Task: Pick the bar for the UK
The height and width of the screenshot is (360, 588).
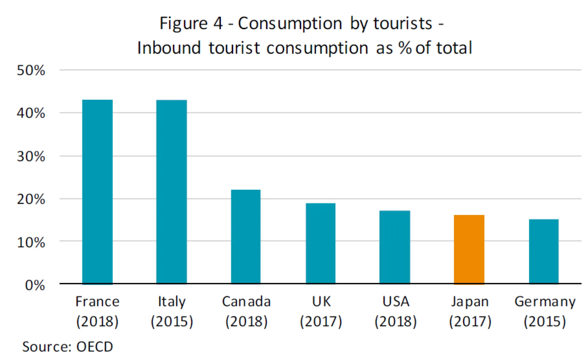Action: click(320, 243)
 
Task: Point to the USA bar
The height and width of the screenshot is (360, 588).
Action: click(394, 247)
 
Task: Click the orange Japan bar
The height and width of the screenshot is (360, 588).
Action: click(469, 249)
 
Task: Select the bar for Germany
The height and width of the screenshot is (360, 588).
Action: click(544, 251)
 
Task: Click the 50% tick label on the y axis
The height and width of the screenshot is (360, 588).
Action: click(31, 70)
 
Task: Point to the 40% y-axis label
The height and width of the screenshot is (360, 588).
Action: click(31, 113)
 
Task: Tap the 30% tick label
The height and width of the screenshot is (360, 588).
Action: click(31, 156)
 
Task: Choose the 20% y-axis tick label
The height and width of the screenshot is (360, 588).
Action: click(31, 199)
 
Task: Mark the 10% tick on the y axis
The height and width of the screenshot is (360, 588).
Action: click(31, 242)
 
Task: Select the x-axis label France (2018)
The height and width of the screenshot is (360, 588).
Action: click(97, 311)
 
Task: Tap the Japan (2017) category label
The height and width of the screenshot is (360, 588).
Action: click(470, 311)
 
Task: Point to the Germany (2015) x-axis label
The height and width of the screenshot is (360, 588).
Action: click(545, 311)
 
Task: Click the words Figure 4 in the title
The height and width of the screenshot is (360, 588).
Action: click(191, 24)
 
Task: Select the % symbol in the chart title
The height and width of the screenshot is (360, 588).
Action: click(405, 48)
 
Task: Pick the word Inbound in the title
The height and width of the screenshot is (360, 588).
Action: click(169, 48)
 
